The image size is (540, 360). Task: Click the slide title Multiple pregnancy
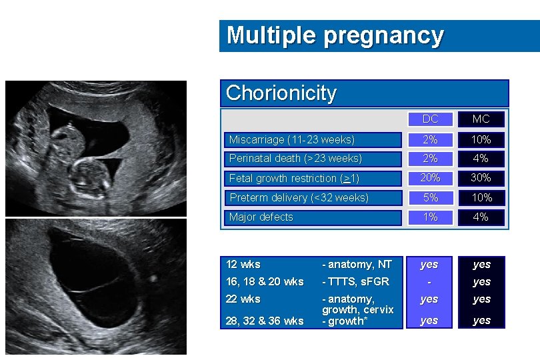pyautogui.click(x=335, y=35)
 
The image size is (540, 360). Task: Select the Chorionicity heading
pyautogui.click(x=281, y=93)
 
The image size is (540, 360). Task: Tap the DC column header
pyautogui.click(x=430, y=119)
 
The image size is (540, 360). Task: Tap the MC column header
pyautogui.click(x=481, y=119)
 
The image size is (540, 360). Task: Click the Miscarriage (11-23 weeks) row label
pyautogui.click(x=291, y=140)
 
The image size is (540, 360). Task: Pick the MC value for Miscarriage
pyautogui.click(x=481, y=140)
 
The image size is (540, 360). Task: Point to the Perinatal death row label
pyautogui.click(x=295, y=159)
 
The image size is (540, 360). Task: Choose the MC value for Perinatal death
pyautogui.click(x=481, y=159)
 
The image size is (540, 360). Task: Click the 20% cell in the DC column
pyautogui.click(x=430, y=177)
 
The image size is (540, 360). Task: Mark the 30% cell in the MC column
pyautogui.click(x=481, y=177)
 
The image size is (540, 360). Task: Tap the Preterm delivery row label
pyautogui.click(x=299, y=197)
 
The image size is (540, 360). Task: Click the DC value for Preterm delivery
pyautogui.click(x=430, y=197)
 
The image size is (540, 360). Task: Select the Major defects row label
pyautogui.click(x=261, y=217)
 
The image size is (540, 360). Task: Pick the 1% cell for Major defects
pyautogui.click(x=430, y=217)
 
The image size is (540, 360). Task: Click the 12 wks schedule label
pyautogui.click(x=243, y=264)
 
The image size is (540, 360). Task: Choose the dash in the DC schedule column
pyautogui.click(x=429, y=282)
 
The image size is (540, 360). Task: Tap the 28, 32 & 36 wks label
pyautogui.click(x=265, y=321)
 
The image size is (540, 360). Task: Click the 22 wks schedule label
pyautogui.click(x=243, y=299)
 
